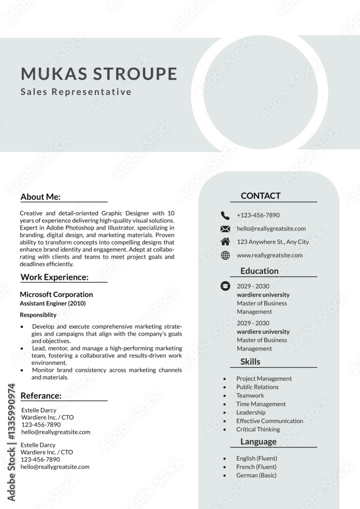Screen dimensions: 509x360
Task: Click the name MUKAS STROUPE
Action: [x=99, y=74]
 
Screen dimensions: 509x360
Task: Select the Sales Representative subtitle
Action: [x=76, y=92]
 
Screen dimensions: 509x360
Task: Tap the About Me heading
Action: [x=41, y=197]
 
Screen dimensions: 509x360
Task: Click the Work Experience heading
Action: [x=54, y=277]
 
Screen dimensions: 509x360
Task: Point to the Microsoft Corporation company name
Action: [x=56, y=294]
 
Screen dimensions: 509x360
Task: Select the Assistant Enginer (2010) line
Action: [x=52, y=303]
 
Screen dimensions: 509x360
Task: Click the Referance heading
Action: [x=41, y=395]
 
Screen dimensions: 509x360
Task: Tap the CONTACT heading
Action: [x=260, y=195]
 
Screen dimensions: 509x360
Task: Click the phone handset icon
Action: [x=225, y=215]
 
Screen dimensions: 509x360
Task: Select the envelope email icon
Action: [x=225, y=229]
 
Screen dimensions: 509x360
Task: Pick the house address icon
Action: [x=225, y=242]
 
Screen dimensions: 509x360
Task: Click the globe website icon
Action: [x=225, y=256]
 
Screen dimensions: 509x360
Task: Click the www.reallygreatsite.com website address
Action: [x=269, y=256]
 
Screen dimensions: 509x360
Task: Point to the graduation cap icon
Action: [x=225, y=286]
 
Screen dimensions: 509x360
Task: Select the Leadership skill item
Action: [x=251, y=412]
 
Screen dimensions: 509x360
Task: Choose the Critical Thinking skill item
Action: [x=258, y=429]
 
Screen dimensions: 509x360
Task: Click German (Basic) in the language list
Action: [x=256, y=475]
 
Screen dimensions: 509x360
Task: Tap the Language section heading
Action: [x=259, y=442]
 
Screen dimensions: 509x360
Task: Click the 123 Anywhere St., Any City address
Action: [x=272, y=242]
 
